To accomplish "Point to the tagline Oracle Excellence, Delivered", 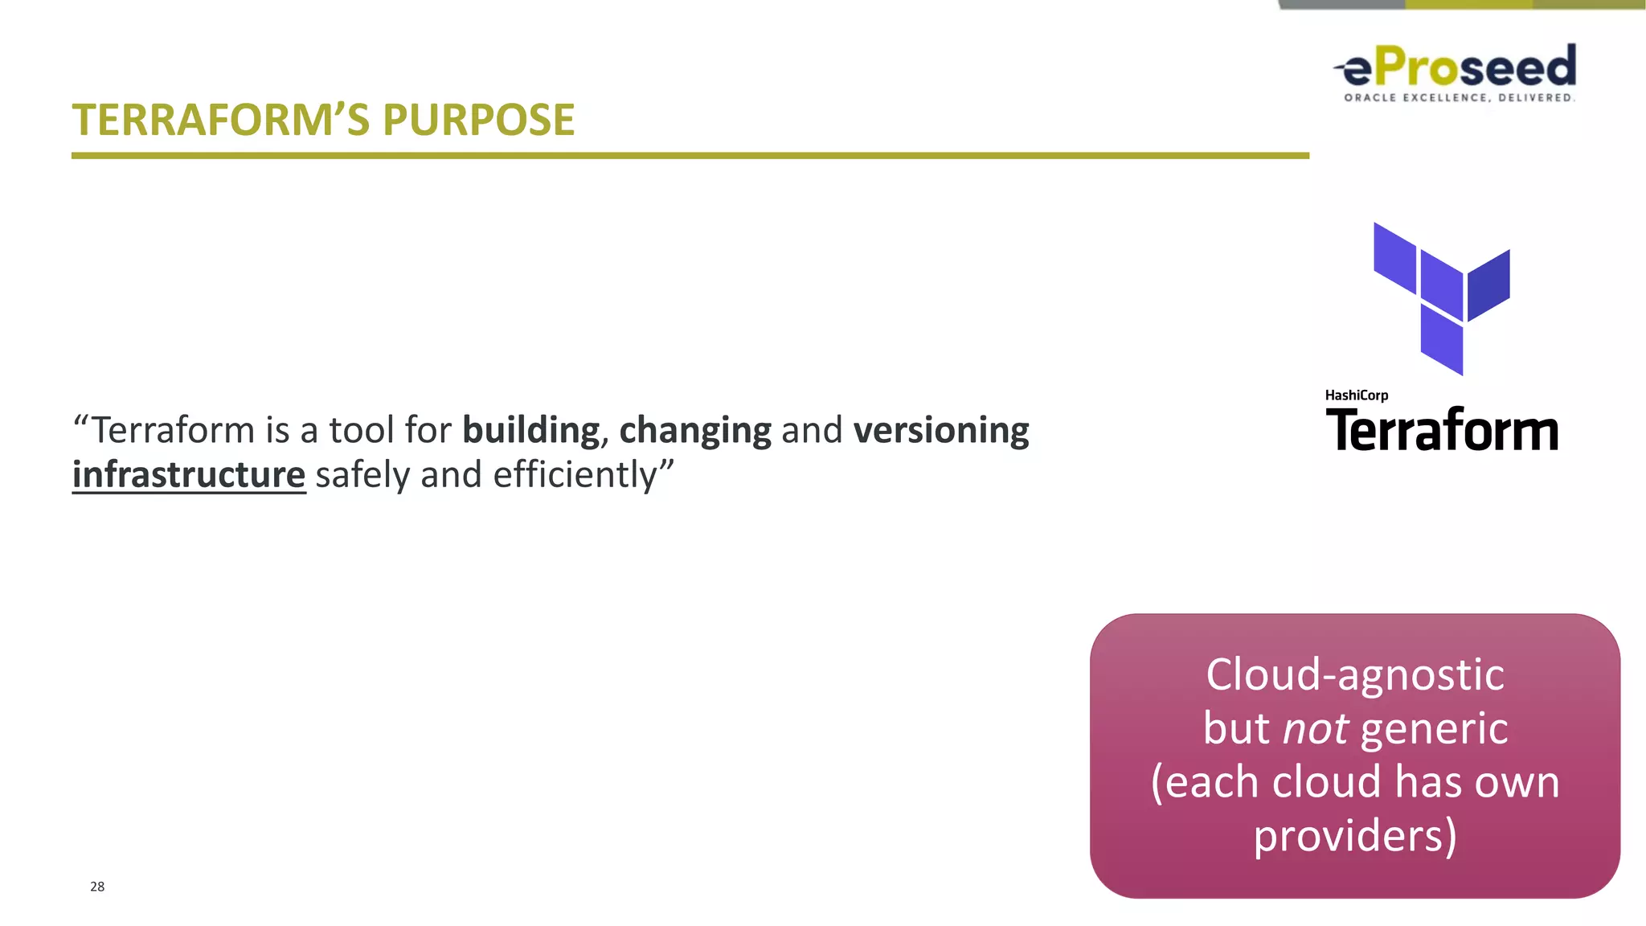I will [1459, 98].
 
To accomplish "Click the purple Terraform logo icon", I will [1442, 297].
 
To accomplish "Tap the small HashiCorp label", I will [1356, 395].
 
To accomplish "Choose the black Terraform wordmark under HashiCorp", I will [1442, 431].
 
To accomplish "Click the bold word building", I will [530, 431].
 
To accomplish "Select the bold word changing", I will [695, 431].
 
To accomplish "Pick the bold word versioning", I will [941, 431].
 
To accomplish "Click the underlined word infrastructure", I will [189, 475].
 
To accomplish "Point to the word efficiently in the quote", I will [575, 475].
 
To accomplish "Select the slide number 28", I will [97, 887].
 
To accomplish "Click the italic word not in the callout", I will [1315, 729].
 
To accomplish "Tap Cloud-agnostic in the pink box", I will [1355, 674].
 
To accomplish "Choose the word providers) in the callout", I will [1355, 836].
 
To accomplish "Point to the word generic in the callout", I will [1435, 729].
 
